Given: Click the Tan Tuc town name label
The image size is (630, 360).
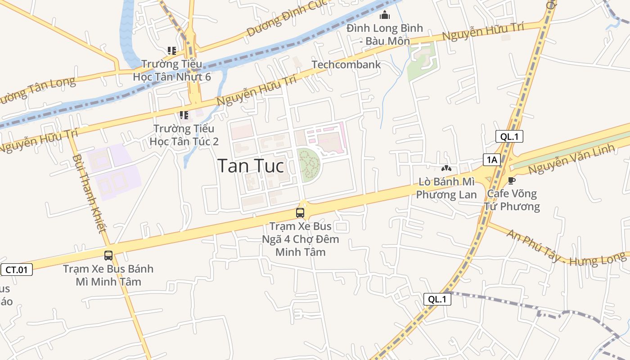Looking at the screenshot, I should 251,166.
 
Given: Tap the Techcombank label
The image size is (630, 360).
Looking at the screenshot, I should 346,64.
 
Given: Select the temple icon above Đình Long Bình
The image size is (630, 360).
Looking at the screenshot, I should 385,16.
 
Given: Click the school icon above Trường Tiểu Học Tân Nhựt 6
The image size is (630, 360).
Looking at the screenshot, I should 171,50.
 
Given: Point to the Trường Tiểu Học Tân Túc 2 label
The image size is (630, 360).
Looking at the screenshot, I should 184,135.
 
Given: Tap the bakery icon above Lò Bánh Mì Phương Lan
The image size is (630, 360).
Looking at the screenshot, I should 446,169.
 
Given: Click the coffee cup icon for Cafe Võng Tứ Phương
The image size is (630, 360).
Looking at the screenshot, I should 511,181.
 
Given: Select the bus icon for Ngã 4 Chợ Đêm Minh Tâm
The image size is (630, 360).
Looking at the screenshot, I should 300,213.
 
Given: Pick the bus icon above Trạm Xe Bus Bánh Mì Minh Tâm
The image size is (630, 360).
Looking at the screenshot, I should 108,256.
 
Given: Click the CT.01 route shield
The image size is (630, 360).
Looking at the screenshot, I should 17,270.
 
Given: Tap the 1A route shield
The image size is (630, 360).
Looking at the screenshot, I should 492,159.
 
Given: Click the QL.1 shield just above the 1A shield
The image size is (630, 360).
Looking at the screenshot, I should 509,136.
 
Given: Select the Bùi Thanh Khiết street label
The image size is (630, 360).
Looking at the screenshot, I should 89,193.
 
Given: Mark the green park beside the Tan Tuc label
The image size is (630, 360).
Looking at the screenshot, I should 308,164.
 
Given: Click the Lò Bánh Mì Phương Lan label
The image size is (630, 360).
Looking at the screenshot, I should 446,188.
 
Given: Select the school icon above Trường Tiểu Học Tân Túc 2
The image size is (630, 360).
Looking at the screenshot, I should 184,115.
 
